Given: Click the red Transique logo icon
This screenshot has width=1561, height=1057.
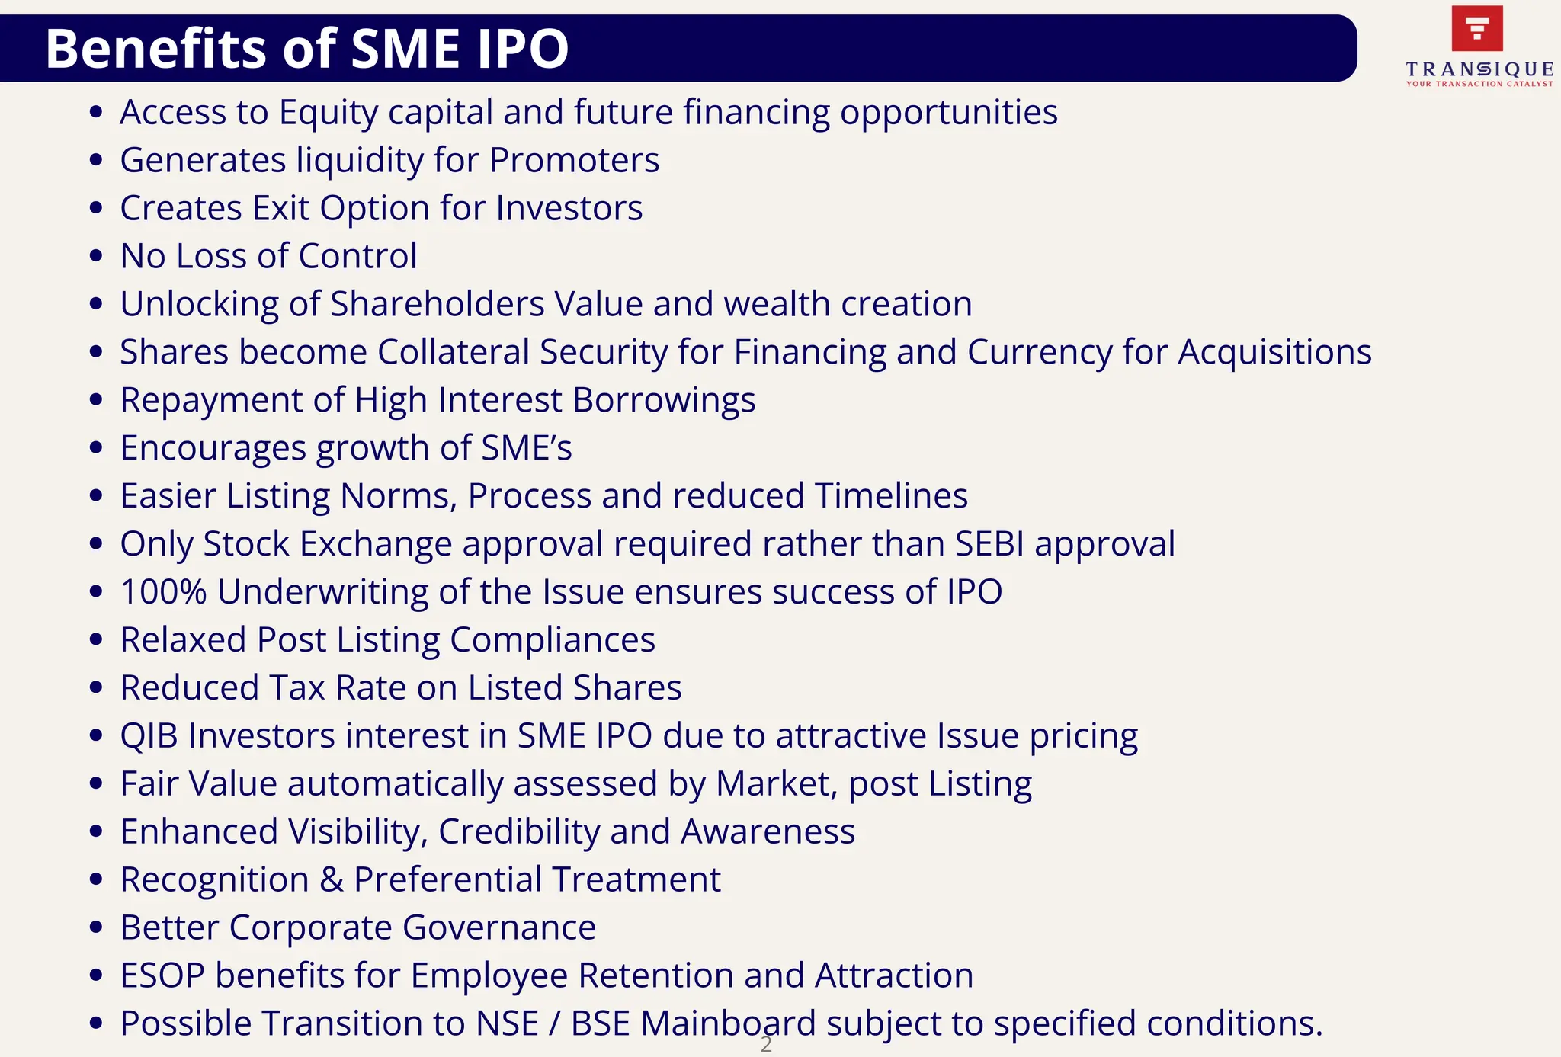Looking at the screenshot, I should [1477, 28].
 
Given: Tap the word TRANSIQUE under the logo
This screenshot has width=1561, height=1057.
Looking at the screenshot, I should [1479, 69].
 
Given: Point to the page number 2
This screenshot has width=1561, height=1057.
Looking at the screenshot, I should [766, 1045].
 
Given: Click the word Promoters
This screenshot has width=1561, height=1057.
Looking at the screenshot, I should [574, 161].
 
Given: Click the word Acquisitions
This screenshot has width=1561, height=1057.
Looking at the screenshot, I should [1274, 352].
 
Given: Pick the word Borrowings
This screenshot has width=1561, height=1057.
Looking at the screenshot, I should [663, 400].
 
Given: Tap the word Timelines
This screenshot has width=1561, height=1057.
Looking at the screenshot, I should [891, 496].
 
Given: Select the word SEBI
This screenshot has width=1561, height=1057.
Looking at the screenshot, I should [989, 544].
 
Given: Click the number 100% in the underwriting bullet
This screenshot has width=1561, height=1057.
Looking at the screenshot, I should [163, 592].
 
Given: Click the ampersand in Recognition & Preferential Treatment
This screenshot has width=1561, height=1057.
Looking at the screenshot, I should [331, 880].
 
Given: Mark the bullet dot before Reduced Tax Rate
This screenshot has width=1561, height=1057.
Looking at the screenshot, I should [96, 688].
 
